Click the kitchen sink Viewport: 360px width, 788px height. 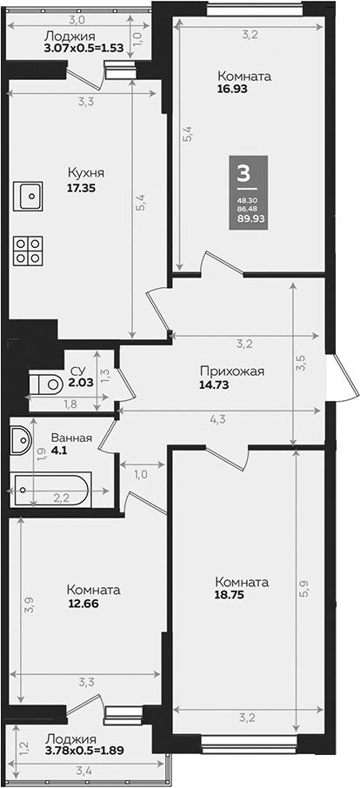click(30, 197)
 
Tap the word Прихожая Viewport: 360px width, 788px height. click(230, 371)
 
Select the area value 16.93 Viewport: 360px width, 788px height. click(235, 88)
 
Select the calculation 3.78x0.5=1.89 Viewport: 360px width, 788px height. click(83, 751)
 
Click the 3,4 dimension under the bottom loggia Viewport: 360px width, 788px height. click(83, 770)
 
